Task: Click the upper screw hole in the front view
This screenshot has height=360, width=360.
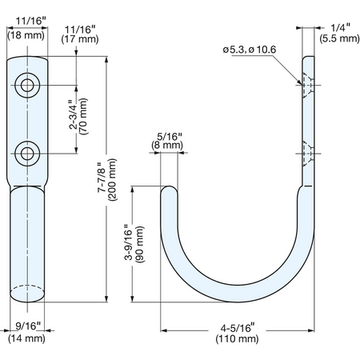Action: [x=27, y=86]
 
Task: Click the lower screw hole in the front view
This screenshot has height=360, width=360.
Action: [x=27, y=154]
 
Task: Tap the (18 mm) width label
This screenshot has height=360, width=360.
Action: [x=26, y=35]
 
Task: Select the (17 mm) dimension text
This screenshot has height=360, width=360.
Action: [x=80, y=39]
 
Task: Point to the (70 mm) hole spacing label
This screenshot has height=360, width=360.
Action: [x=83, y=116]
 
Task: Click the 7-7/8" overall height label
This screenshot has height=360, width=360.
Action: [x=102, y=178]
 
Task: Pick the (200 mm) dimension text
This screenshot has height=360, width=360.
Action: [x=112, y=180]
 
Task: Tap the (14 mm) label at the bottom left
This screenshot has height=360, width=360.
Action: [x=26, y=338]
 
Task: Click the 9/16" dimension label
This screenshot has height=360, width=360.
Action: [x=28, y=326]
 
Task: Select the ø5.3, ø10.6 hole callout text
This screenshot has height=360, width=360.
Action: [x=250, y=50]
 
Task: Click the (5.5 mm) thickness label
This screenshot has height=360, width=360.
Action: [x=340, y=38]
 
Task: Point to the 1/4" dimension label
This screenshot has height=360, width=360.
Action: [x=340, y=27]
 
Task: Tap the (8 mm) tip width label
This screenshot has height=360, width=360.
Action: [x=167, y=146]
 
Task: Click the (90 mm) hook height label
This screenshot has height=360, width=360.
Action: [x=140, y=245]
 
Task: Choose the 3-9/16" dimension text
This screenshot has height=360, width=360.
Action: [x=129, y=242]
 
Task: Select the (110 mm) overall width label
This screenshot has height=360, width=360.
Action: [x=237, y=338]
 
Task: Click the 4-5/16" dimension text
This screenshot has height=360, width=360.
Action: [x=238, y=328]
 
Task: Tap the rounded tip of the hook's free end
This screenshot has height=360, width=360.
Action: [x=169, y=186]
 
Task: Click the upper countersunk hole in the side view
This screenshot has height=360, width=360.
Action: [x=308, y=86]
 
